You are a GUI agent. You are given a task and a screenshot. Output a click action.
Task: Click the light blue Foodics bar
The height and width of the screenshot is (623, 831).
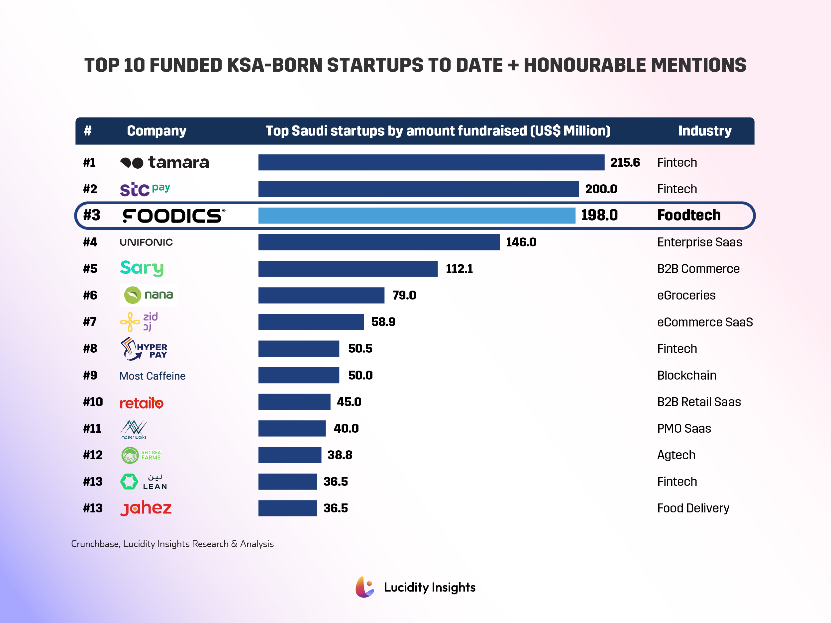click(416, 216)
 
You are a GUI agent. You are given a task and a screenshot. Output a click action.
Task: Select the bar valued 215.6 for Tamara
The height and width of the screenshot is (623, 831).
click(431, 162)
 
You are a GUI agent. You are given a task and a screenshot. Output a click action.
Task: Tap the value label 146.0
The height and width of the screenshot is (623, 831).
click(521, 242)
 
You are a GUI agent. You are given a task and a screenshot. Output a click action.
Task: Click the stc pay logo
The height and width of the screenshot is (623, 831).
click(145, 189)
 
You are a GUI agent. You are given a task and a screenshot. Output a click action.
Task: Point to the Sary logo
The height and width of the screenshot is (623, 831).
click(142, 269)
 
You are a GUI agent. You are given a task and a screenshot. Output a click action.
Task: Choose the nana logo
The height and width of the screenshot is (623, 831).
click(149, 295)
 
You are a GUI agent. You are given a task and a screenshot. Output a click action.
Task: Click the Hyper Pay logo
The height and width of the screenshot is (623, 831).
click(144, 348)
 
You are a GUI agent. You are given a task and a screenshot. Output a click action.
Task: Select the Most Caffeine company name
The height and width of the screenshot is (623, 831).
click(152, 376)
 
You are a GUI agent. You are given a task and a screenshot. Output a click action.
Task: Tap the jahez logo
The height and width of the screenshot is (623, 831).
click(146, 508)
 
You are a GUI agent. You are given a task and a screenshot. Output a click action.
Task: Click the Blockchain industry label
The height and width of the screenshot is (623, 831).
click(686, 375)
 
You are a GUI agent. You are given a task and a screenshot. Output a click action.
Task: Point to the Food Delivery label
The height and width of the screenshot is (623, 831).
click(693, 508)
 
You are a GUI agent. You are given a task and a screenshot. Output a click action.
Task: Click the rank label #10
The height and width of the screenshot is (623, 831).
click(93, 402)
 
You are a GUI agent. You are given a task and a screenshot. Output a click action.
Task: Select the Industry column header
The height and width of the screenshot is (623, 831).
click(704, 131)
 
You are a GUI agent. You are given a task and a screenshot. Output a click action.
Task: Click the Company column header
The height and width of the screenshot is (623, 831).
click(156, 131)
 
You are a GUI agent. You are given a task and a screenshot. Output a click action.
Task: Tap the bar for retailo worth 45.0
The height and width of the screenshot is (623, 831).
click(294, 402)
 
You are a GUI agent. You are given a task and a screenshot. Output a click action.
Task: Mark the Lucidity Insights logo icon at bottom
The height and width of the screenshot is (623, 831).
click(364, 587)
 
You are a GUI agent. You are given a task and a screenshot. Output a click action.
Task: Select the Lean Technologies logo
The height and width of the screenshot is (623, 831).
click(144, 482)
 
